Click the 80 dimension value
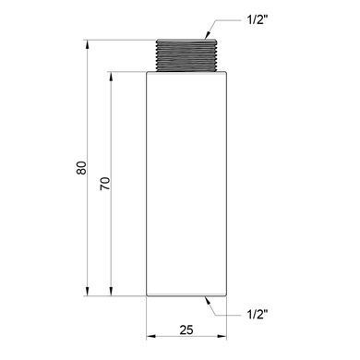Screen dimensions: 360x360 (81, 168)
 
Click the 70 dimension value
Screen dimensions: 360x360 (105, 184)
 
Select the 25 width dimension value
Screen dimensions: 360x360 (186, 330)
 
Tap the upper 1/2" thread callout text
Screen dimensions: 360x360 (258, 20)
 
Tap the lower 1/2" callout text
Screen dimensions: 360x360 (258, 315)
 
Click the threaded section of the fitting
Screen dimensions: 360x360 (186, 55)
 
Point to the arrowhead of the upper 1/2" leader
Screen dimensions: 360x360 (208, 36)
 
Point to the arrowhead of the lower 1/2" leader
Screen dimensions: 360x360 (208, 300)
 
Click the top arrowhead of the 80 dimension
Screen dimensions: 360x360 (88, 44)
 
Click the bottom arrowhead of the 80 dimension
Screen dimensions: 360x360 (88, 292)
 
